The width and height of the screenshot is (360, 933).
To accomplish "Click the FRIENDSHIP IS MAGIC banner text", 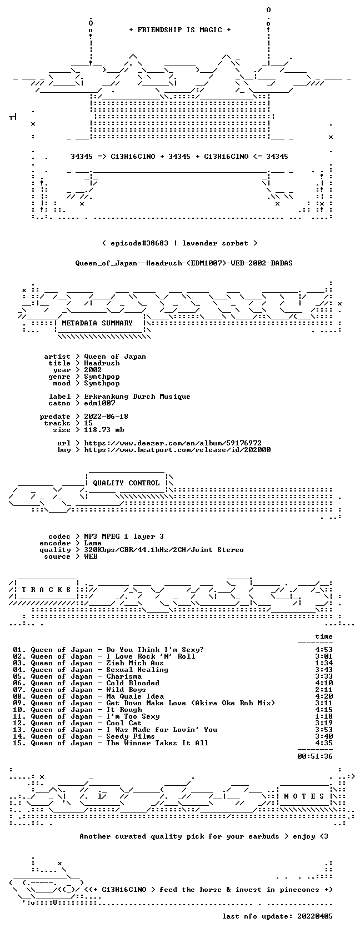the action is click(x=180, y=30).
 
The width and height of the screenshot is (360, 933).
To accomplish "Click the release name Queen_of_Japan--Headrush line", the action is click(x=184, y=263).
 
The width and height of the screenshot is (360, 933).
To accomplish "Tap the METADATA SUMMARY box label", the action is click(x=97, y=323).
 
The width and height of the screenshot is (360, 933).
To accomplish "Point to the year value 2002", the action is click(x=93, y=370).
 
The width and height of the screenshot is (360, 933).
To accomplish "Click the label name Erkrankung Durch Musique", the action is click(x=137, y=397).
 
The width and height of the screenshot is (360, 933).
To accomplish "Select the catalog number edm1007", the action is click(x=99, y=403).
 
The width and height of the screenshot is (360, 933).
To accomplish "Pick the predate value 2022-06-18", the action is click(x=106, y=417).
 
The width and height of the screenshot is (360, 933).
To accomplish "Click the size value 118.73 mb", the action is click(x=104, y=430).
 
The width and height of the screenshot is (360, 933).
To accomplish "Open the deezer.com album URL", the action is click(x=173, y=443).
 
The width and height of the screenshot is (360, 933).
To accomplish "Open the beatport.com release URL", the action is click(x=178, y=450).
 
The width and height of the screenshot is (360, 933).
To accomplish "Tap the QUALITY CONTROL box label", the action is click(x=126, y=483).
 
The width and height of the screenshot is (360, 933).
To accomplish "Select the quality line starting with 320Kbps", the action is click(x=164, y=550).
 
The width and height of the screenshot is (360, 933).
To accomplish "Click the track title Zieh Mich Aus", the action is click(x=135, y=663).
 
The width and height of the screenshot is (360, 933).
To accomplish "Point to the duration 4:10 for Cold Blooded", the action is click(x=324, y=683).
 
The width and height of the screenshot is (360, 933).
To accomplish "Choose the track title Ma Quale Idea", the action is click(x=135, y=696).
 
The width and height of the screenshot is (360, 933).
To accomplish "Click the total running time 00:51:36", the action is click(x=315, y=756).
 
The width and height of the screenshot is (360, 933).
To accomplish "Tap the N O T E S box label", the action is click(x=304, y=796).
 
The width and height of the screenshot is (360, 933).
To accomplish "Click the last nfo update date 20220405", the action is click(x=315, y=916).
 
